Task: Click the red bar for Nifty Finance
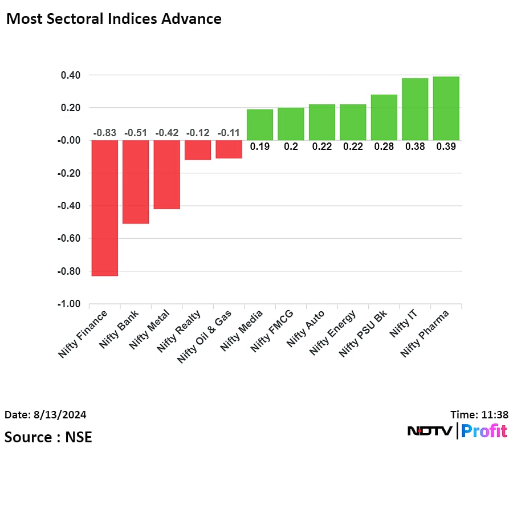tap(105, 208)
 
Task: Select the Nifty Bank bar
tap(136, 182)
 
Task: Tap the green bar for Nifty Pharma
tap(446, 108)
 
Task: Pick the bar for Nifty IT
tap(415, 109)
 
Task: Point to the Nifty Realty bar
tap(198, 150)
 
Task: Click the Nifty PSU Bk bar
tap(384, 117)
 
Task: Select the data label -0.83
tap(105, 133)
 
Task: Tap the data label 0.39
tap(446, 146)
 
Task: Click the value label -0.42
tap(167, 133)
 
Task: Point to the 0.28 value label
tap(384, 146)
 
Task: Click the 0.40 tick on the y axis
tap(69, 75)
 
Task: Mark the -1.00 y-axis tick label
tap(68, 304)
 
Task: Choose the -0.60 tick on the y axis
tap(68, 238)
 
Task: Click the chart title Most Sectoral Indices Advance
tap(113, 19)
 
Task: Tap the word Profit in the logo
tap(484, 431)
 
